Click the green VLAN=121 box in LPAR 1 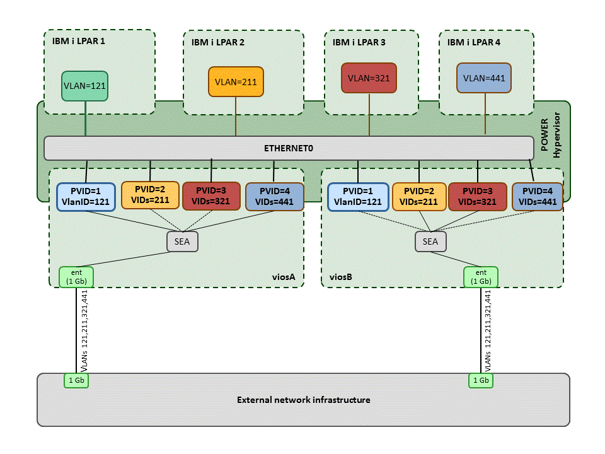[85, 84]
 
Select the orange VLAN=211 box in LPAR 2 [236, 82]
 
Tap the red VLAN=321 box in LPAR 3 [369, 78]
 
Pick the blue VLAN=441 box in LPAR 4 [484, 79]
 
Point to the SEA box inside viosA [182, 242]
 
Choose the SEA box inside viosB [430, 242]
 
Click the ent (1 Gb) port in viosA [76, 277]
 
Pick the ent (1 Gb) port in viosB [480, 277]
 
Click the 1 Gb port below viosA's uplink [76, 380]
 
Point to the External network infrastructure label [303, 400]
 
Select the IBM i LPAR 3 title [359, 43]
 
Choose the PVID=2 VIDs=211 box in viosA [150, 195]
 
